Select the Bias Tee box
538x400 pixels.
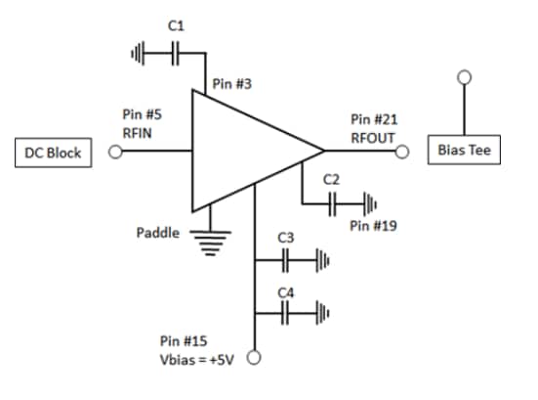pos(464,154)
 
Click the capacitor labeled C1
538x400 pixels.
pos(176,54)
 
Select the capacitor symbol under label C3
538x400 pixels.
pos(285,261)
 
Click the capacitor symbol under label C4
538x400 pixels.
pos(285,314)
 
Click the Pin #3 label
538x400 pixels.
pos(231,84)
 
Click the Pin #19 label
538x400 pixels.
pos(372,225)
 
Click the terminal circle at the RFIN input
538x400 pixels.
pos(115,153)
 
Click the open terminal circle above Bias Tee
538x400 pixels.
pos(464,76)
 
